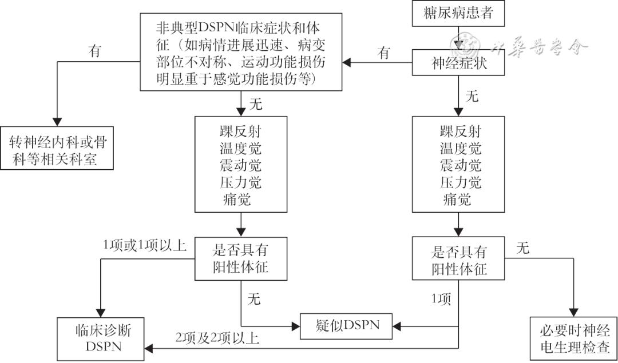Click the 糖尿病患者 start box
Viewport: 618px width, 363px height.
pyautogui.click(x=459, y=14)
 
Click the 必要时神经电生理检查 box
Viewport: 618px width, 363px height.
pyautogui.click(x=573, y=338)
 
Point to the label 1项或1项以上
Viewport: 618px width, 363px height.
pyautogui.click(x=145, y=245)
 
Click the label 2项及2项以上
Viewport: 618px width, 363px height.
pyautogui.click(x=217, y=338)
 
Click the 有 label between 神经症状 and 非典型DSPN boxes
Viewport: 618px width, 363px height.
pyautogui.click(x=384, y=53)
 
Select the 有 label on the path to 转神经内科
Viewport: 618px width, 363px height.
pyautogui.click(x=95, y=51)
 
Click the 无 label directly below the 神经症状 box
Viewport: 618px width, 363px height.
pyautogui.click(x=472, y=96)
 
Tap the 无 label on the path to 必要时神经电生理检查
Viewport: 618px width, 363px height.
pyautogui.click(x=522, y=248)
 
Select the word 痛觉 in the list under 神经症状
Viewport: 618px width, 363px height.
pyautogui.click(x=457, y=199)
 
